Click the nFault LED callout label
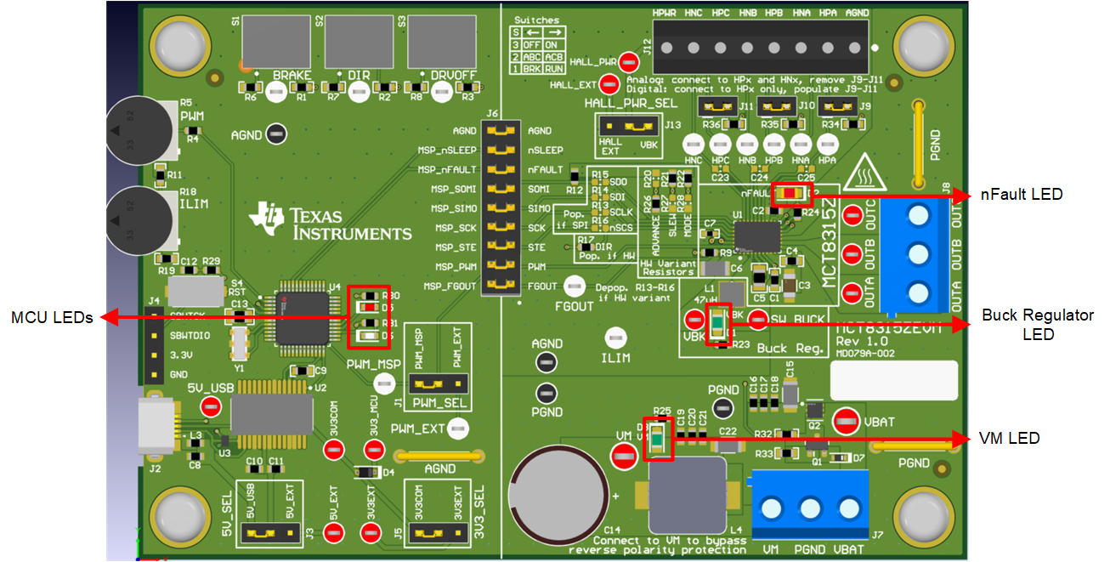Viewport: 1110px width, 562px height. pos(1021,195)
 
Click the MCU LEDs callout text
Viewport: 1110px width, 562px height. pos(51,318)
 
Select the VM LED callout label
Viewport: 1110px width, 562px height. pos(1009,439)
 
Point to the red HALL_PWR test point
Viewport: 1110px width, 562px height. pos(629,61)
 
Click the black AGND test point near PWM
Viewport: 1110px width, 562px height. pos(275,133)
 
